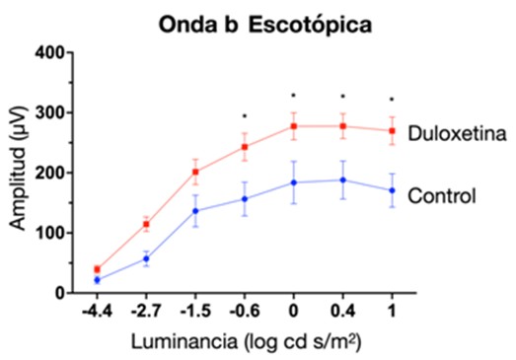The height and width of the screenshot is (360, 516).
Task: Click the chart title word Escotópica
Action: coord(310,25)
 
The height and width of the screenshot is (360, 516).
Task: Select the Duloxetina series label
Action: coord(457,133)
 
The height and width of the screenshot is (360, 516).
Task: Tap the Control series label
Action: coord(442,196)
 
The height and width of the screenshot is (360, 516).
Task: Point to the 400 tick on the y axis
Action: coord(69,52)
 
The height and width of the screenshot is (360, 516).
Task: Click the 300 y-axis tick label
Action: coord(50,112)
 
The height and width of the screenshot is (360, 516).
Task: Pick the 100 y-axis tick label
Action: coord(50,233)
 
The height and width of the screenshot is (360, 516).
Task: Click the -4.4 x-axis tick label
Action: coord(97,311)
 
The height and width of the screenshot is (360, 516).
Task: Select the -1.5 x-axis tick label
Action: coord(195,311)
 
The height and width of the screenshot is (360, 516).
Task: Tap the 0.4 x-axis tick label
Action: coord(343,311)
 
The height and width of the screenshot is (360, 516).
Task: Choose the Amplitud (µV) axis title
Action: coord(17,168)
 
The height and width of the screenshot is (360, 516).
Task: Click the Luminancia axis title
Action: coord(246,341)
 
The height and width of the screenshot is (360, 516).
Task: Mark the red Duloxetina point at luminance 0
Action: coord(294,126)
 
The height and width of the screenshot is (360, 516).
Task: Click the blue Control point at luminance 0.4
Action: coord(343,180)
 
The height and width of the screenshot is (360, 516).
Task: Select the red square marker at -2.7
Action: coord(146,225)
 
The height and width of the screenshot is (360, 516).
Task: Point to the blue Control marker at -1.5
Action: coord(195,211)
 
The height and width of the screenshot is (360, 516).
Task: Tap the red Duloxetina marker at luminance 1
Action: coord(392,131)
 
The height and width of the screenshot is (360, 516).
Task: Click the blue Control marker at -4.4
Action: coord(97,280)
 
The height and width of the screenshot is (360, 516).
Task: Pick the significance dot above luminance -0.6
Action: coord(244,115)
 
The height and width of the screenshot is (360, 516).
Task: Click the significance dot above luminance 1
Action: coord(392,99)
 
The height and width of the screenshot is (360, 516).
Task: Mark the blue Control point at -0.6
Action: coord(245,199)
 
